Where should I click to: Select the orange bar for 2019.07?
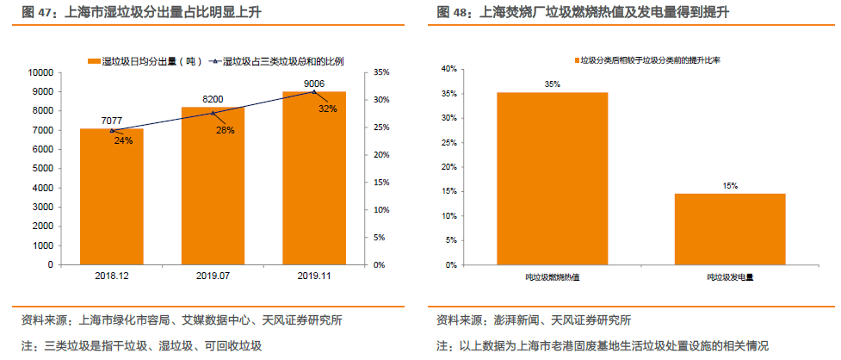click(x=213, y=186)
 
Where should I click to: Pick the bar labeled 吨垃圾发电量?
click(x=729, y=228)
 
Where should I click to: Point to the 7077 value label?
click(x=112, y=120)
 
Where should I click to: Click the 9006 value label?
click(x=314, y=83)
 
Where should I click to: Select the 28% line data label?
click(x=225, y=130)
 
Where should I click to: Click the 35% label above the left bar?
click(x=552, y=84)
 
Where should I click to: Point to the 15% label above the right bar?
click(x=730, y=185)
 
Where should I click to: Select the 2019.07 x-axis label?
click(x=213, y=276)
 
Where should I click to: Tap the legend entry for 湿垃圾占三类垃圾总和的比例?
click(x=281, y=61)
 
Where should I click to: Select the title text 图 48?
click(x=453, y=12)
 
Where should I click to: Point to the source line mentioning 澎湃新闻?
click(x=534, y=320)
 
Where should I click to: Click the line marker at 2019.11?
click(x=314, y=92)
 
